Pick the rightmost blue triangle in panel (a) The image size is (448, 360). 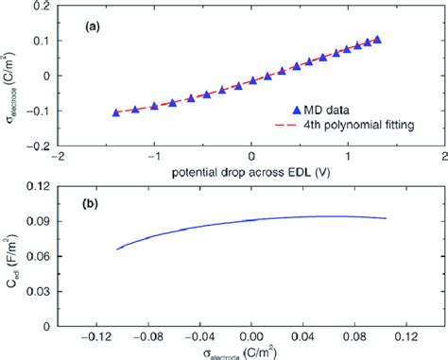tap(377, 40)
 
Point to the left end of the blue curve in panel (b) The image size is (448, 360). tap(116, 249)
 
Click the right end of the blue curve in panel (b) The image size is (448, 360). tap(386, 218)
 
